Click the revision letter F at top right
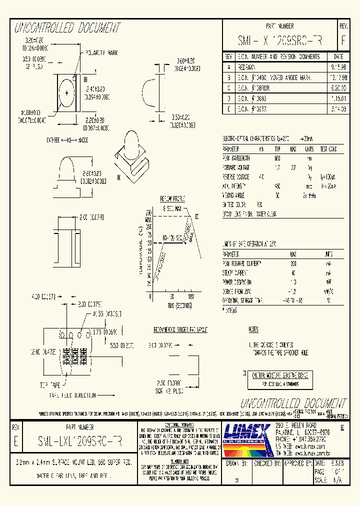coord(343,40)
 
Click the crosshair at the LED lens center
coord(66,92)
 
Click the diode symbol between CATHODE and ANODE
coord(69,141)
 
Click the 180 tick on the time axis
coord(190,296)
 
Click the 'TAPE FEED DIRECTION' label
coord(72,395)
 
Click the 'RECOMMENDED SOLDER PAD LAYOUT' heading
coord(180,330)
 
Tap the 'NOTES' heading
coord(253,330)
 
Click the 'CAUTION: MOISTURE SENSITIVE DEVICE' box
coord(279,375)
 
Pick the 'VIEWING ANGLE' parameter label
coord(235,195)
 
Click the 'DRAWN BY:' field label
coord(236,463)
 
